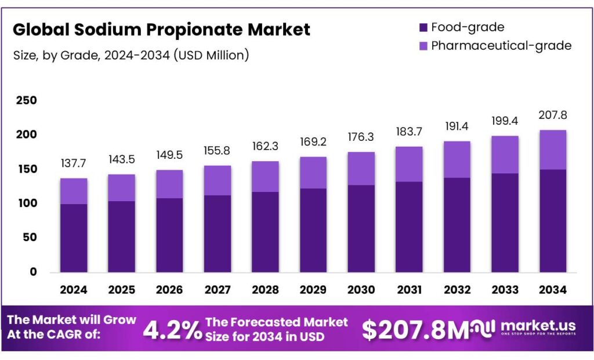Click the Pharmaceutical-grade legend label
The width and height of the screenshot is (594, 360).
point(501,45)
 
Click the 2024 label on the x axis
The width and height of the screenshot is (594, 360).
point(74,289)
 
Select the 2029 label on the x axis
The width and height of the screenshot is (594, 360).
point(313,289)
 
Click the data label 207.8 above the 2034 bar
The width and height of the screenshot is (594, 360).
point(552,115)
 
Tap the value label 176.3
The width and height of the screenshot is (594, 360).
point(361,138)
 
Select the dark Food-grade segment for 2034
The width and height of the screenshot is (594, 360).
point(552,221)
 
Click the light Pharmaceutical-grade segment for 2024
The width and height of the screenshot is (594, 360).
point(74,191)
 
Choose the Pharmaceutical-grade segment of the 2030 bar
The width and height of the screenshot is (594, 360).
point(361,169)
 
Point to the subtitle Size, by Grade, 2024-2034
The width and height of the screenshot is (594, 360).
point(131,55)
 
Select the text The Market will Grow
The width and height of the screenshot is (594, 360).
point(72,319)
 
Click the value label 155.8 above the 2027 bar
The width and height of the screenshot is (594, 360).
point(218,151)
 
